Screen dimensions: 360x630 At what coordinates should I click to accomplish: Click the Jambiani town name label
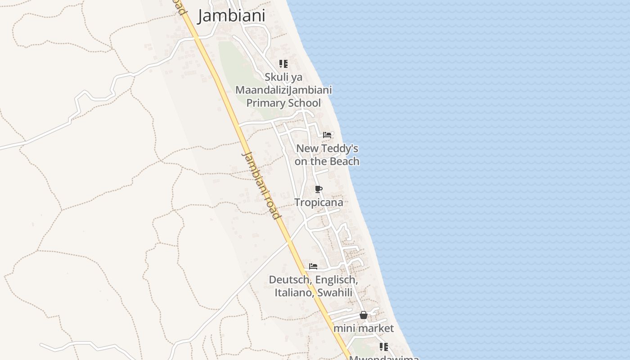click(x=231, y=16)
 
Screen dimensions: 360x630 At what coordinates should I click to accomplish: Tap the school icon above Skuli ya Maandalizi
click(x=283, y=64)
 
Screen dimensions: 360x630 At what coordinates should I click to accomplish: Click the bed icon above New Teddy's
click(x=327, y=135)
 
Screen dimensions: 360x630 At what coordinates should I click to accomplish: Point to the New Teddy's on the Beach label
click(x=327, y=154)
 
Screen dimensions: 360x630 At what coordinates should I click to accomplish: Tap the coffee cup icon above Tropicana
click(x=319, y=189)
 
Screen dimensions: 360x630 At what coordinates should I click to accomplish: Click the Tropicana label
click(x=319, y=202)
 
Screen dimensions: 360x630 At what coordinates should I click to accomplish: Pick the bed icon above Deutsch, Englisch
click(x=313, y=266)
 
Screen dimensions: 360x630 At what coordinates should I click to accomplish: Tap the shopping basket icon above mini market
click(x=364, y=315)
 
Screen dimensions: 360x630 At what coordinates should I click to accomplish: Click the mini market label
click(x=364, y=328)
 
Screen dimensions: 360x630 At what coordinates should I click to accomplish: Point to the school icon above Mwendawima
click(x=383, y=347)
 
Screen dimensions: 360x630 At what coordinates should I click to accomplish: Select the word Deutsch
click(x=290, y=280)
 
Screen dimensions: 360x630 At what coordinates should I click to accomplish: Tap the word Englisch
click(x=337, y=280)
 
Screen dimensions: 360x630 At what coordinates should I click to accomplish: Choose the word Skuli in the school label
click(x=277, y=77)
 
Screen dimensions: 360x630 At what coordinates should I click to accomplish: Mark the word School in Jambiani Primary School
click(x=304, y=103)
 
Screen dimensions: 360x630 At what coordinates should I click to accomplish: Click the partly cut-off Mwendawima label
click(x=384, y=358)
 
